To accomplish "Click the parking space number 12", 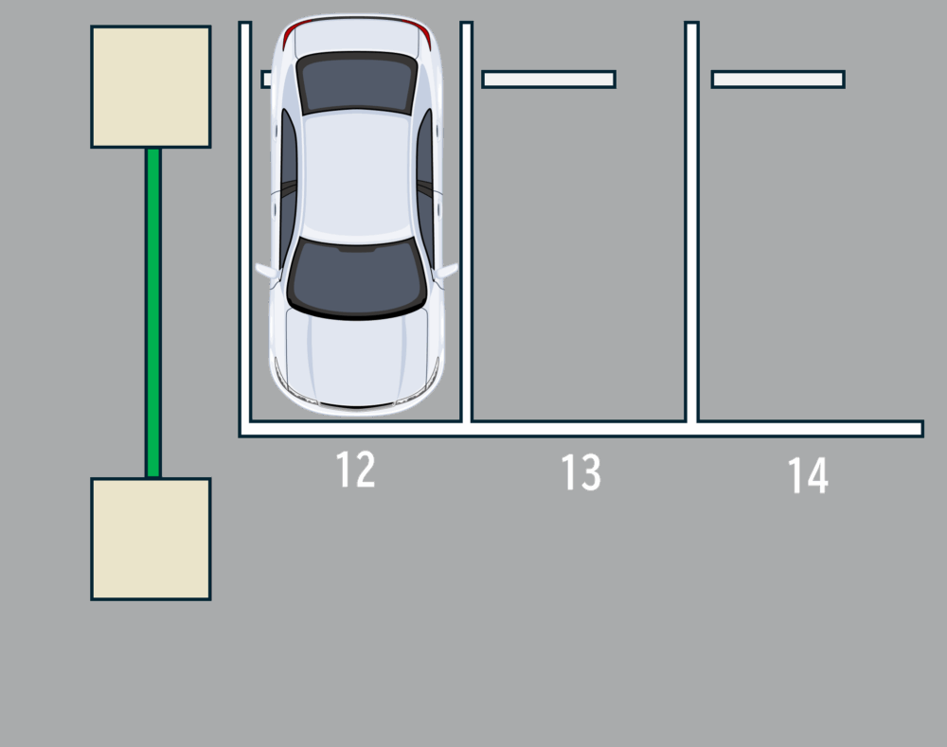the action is point(355,470).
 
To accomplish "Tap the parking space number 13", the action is point(581,472).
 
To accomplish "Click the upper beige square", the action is point(151,86).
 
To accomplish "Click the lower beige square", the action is point(151,540).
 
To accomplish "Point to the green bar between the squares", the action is point(153,312).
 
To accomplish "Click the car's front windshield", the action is point(357,277).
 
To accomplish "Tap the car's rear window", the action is point(357,82).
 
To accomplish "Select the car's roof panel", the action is point(357,176).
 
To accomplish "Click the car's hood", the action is point(357,356).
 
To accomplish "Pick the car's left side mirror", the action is point(447,271).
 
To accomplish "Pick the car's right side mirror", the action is point(267,272).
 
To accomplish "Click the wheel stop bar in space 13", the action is point(549,80).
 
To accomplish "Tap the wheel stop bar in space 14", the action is point(777,80).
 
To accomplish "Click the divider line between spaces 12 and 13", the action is point(466,222).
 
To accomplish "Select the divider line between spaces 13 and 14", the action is point(692,222).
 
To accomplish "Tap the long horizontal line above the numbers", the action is point(581,429).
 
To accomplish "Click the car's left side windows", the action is point(425,187).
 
